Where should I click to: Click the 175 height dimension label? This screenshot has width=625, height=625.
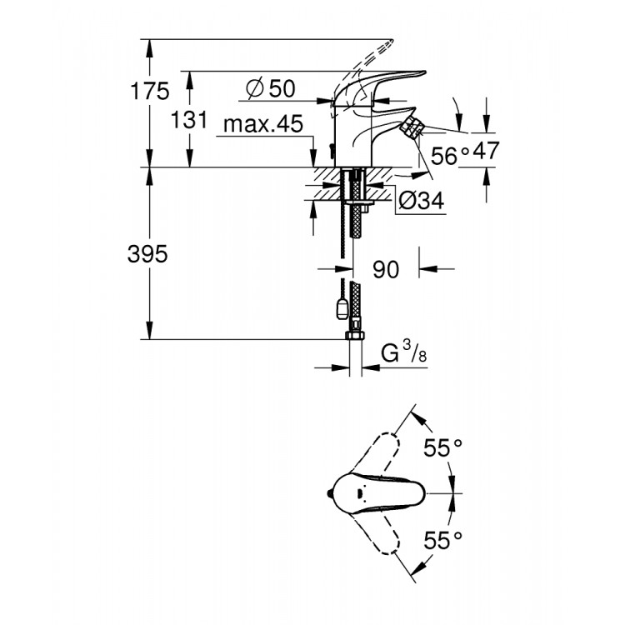tap(156, 92)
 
